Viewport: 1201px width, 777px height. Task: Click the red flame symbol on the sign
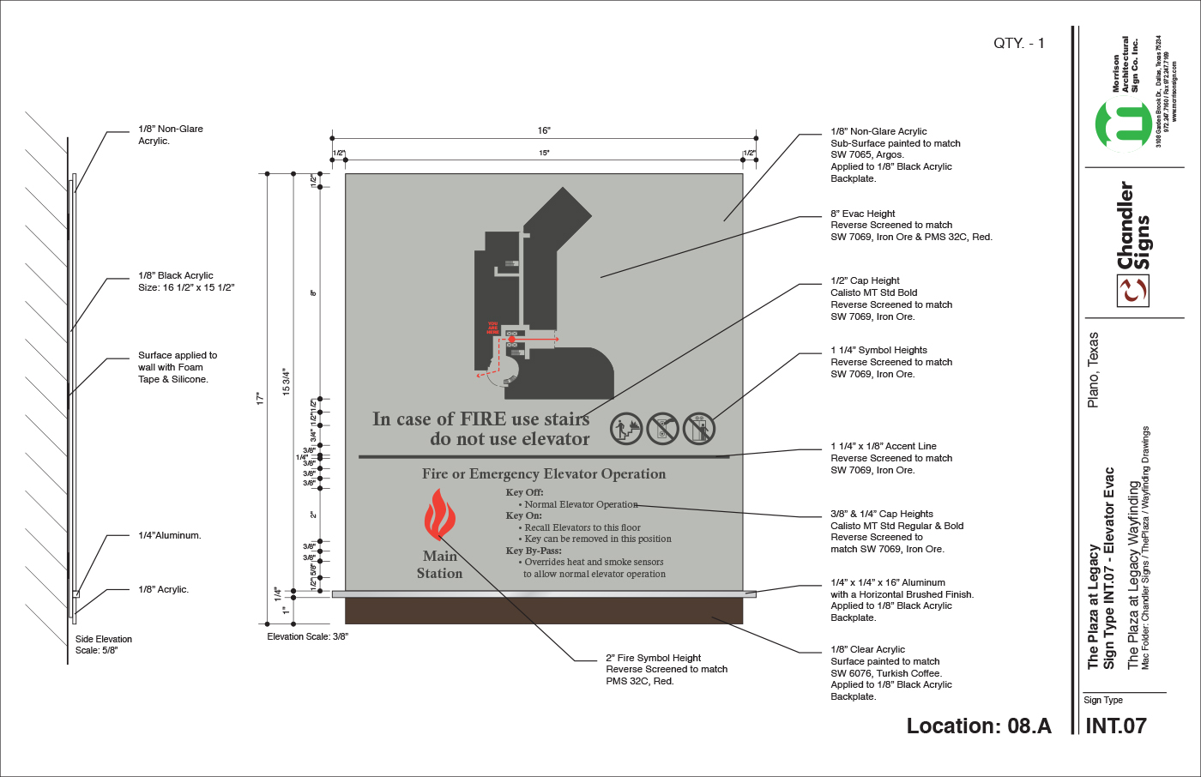click(x=439, y=515)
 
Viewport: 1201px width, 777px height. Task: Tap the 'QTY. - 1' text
click(x=1018, y=43)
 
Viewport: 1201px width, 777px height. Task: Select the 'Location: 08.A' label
click(x=979, y=726)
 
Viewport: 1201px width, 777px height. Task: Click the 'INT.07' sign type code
click(x=1115, y=726)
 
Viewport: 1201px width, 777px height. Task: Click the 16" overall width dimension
click(x=544, y=130)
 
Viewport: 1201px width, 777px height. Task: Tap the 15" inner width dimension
click(x=544, y=153)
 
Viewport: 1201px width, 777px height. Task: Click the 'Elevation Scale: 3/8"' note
click(x=307, y=636)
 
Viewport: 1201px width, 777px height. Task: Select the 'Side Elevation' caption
click(x=104, y=639)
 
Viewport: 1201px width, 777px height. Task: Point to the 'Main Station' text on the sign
click(x=439, y=564)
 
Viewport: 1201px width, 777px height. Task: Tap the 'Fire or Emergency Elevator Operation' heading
click(x=544, y=473)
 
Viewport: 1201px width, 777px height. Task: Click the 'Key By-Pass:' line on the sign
click(x=534, y=551)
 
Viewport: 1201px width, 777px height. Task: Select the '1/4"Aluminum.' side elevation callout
click(x=170, y=535)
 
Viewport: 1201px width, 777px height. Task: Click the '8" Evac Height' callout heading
click(x=862, y=214)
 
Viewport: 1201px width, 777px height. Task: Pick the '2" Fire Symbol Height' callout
click(x=653, y=658)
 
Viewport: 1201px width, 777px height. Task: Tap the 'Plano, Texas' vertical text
click(x=1093, y=370)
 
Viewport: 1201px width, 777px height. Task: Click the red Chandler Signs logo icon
click(x=1132, y=291)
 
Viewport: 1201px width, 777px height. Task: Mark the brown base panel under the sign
click(x=544, y=611)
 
